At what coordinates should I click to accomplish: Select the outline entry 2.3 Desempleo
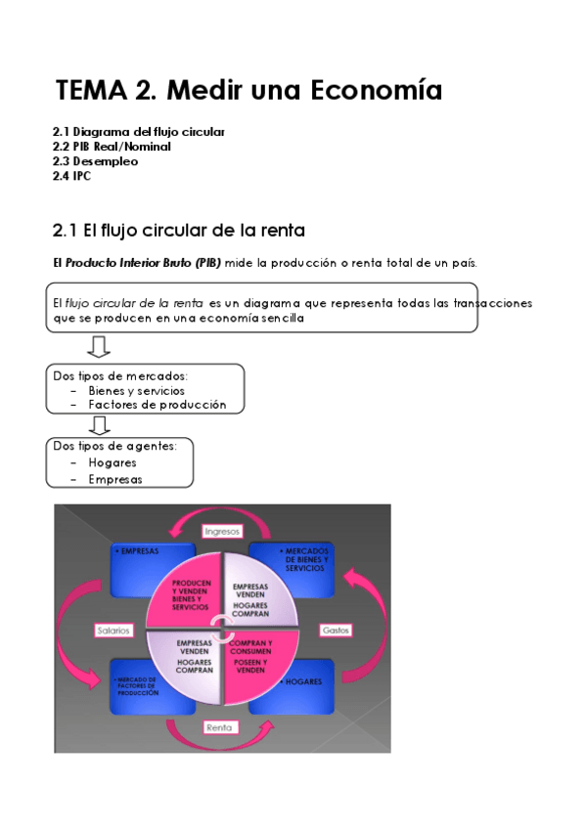[95, 161]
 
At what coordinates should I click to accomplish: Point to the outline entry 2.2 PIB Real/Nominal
[112, 147]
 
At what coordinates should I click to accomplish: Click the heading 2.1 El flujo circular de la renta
[179, 231]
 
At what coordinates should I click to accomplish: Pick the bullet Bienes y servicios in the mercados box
[136, 390]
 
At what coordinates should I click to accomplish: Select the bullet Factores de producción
[157, 404]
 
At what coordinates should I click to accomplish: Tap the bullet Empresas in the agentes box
[114, 479]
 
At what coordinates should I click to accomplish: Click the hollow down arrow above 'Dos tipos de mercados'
[98, 347]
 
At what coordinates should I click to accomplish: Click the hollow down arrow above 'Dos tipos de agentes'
[98, 424]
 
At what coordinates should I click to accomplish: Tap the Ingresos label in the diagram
[222, 530]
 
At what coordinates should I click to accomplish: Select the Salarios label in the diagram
[113, 631]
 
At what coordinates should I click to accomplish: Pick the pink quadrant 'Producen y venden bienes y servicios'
[186, 592]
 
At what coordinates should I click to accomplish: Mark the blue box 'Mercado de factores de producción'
[137, 684]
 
